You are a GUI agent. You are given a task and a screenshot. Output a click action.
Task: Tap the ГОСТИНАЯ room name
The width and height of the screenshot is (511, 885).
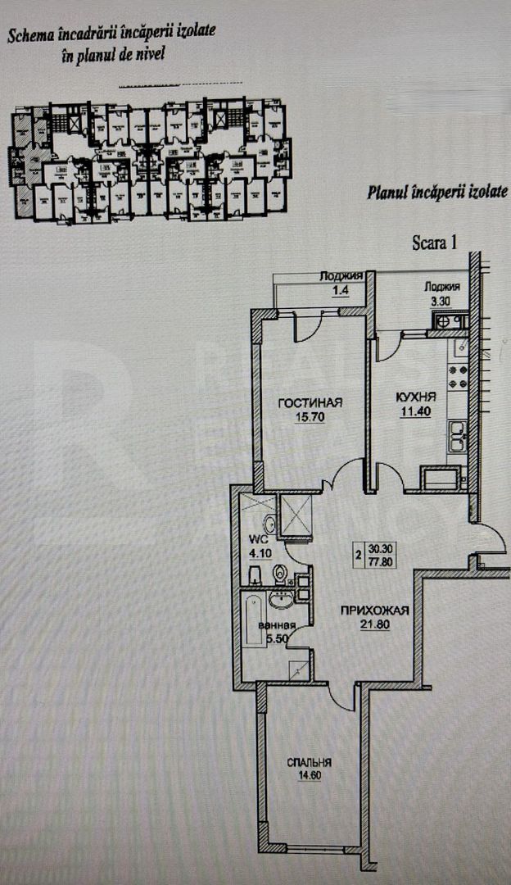click(x=309, y=402)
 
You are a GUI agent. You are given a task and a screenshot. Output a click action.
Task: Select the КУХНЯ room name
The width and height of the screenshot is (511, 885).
click(x=415, y=397)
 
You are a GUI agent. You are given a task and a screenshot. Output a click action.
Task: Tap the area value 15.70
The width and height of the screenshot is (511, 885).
click(x=309, y=416)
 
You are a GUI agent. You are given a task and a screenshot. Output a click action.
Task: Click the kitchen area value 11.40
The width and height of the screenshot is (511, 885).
click(x=415, y=411)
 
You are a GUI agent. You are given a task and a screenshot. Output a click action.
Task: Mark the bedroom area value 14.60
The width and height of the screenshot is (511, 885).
click(x=309, y=775)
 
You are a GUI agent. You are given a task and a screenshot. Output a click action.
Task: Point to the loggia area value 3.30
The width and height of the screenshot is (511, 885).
click(x=441, y=301)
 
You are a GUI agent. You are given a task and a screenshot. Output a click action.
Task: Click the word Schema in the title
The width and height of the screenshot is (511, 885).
click(x=30, y=34)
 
